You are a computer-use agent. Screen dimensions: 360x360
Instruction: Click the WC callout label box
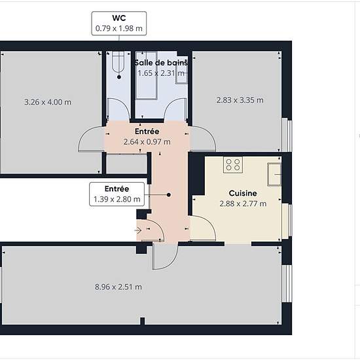click(x=119, y=24)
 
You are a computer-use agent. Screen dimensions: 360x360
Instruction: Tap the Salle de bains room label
click(x=161, y=62)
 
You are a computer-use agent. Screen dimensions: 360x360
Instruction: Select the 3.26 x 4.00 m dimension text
click(x=48, y=102)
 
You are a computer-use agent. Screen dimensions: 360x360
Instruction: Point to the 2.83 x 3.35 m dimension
click(x=240, y=100)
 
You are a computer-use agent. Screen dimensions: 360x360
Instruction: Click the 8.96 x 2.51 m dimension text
click(x=118, y=287)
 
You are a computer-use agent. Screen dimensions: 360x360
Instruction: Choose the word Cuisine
click(x=243, y=193)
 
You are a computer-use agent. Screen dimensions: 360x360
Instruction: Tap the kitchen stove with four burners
click(x=233, y=165)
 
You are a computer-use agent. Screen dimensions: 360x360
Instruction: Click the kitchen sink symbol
click(x=274, y=174)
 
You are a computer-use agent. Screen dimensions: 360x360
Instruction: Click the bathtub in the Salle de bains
click(x=147, y=75)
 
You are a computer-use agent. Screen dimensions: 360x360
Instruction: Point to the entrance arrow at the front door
click(x=137, y=230)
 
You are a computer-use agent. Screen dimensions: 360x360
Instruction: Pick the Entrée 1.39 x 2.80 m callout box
click(x=117, y=194)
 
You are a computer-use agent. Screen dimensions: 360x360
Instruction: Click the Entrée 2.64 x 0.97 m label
click(x=147, y=137)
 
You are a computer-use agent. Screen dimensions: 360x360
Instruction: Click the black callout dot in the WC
click(x=119, y=77)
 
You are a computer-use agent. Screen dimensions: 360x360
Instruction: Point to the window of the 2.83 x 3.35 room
click(x=287, y=135)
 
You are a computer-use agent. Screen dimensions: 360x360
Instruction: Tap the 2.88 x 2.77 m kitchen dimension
click(x=243, y=204)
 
